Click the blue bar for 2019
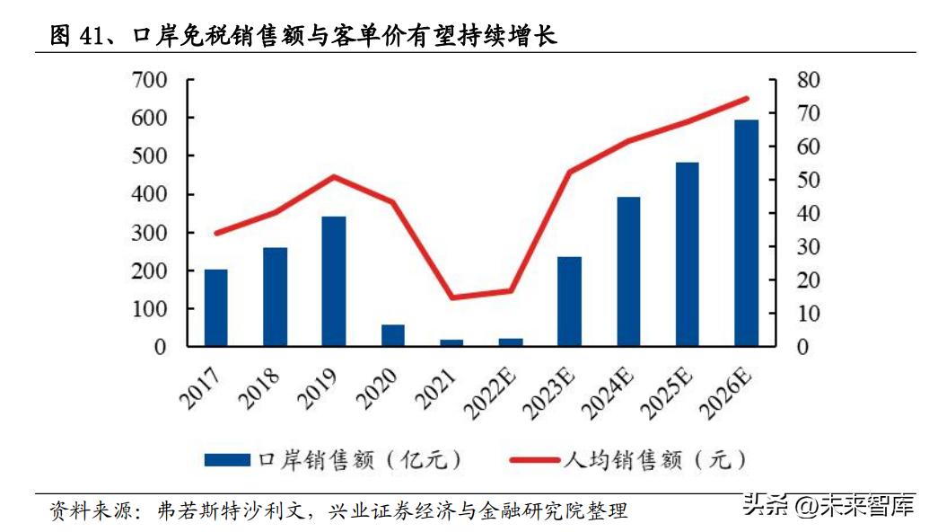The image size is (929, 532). coord(334,281)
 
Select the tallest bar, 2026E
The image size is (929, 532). coord(746,233)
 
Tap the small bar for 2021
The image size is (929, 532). coord(451,342)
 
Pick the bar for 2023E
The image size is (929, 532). coord(569,301)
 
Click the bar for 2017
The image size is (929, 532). coord(215,307)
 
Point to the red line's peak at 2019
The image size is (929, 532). coord(333,176)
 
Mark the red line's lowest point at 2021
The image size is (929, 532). coord(451,297)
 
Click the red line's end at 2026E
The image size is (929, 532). coord(747,98)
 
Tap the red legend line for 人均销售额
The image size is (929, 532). coord(535,460)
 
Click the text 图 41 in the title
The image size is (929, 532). coord(74,36)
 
